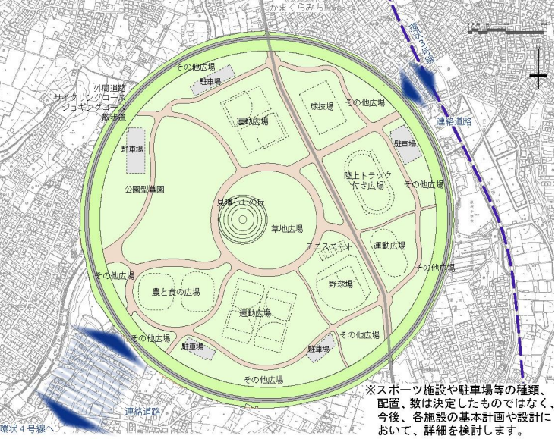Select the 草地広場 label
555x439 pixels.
point(287,227)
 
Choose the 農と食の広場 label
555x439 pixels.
point(175,291)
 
